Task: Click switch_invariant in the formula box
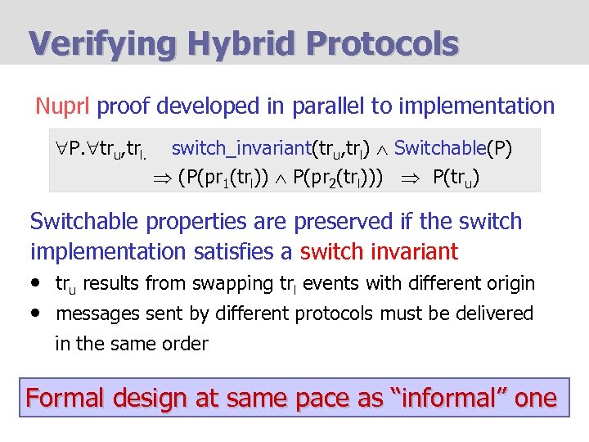[240, 148]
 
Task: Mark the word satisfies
[251, 250]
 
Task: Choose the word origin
[509, 284]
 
